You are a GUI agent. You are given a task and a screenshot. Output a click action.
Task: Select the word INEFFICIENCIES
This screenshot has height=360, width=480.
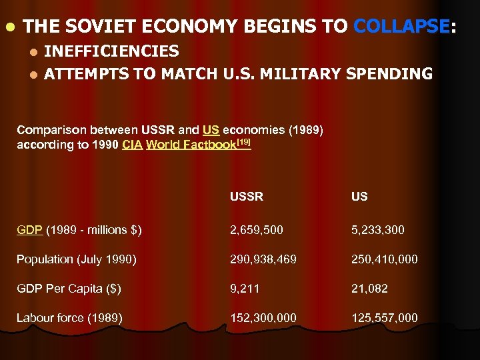(x=111, y=51)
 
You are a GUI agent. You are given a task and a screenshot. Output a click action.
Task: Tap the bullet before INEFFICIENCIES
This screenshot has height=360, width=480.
(x=34, y=52)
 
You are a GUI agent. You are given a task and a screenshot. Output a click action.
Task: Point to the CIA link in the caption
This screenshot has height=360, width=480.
(x=131, y=145)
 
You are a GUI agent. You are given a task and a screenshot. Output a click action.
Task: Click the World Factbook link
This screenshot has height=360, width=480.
(x=191, y=145)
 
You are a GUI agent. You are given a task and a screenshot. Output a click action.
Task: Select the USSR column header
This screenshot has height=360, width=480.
(x=247, y=197)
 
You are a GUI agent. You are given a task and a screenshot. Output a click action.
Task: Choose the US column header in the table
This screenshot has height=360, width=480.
(x=360, y=197)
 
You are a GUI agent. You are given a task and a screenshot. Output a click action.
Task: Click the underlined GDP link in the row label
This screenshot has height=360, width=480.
(x=29, y=230)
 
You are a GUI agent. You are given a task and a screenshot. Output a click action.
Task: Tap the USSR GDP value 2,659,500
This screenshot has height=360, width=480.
(x=257, y=230)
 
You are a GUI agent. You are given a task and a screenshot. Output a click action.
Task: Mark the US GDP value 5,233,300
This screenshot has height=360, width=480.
(x=379, y=230)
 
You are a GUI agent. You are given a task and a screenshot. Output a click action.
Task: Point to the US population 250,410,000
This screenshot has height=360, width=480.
(x=385, y=259)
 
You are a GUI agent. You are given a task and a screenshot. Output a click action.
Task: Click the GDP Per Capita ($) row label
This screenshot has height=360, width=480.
(x=70, y=289)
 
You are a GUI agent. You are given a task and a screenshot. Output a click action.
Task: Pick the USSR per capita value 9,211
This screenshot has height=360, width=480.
(x=245, y=289)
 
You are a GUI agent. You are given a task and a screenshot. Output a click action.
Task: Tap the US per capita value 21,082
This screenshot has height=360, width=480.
(x=370, y=289)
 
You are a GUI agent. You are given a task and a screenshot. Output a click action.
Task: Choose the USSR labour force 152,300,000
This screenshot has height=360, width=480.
(x=264, y=318)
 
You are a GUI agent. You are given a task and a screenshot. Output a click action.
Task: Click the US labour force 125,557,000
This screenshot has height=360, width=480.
(x=385, y=318)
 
